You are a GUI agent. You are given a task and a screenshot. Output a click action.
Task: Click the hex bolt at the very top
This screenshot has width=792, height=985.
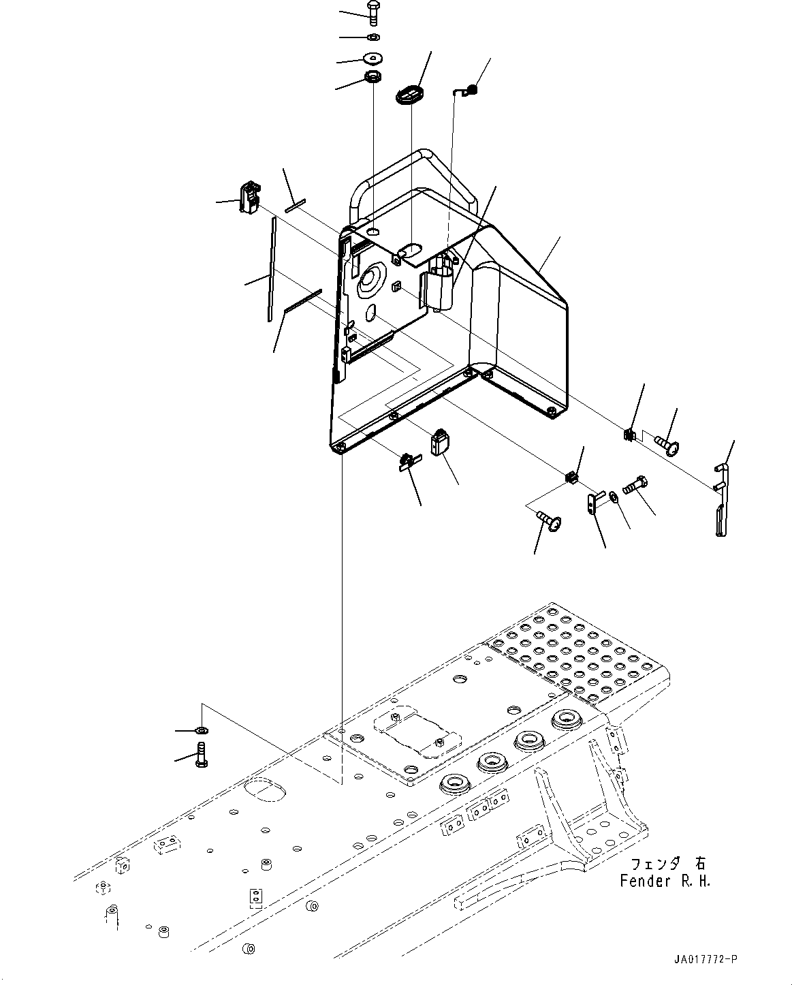coord(374,12)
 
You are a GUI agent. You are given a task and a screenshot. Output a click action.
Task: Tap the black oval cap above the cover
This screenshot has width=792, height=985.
coord(409,94)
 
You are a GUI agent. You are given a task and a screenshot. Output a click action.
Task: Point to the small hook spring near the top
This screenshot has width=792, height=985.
coord(469,89)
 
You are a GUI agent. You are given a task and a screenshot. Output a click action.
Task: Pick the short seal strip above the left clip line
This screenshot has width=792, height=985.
coord(296,206)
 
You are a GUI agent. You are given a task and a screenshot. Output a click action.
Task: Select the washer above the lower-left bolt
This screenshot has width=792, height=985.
coord(201,730)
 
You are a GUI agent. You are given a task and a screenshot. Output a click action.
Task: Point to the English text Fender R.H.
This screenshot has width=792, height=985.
coord(664,881)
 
